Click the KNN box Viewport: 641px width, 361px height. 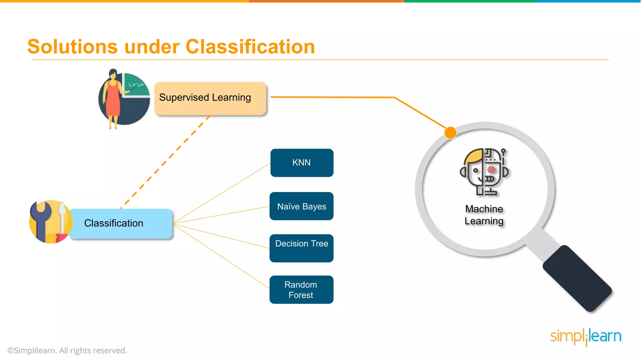(302, 163)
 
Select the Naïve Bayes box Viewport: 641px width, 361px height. (301, 206)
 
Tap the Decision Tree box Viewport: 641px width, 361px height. (301, 248)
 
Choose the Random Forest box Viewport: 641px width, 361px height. (301, 290)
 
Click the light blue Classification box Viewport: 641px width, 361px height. (121, 223)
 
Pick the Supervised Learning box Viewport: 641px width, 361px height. (210, 98)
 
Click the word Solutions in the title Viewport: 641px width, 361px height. (73, 47)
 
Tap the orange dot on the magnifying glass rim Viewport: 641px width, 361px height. (450, 133)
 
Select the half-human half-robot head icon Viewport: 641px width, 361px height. (484, 172)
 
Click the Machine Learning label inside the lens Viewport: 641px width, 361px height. (484, 215)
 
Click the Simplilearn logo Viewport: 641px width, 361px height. (586, 337)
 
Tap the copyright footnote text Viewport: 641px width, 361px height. (67, 350)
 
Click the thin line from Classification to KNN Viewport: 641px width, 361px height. (221, 193)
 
